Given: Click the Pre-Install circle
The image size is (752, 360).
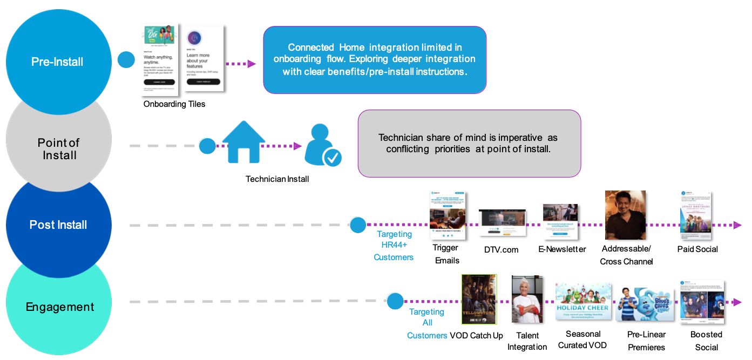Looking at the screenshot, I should click(x=57, y=61).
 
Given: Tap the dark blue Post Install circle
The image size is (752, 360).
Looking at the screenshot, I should click(x=58, y=225).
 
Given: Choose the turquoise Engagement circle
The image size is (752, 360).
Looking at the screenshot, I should click(x=59, y=307).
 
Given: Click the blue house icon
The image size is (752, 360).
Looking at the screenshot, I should click(x=244, y=142).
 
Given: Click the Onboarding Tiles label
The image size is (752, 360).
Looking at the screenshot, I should click(x=174, y=104).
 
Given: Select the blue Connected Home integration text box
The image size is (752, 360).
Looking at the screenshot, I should click(x=374, y=59).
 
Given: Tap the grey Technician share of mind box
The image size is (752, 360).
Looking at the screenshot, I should click(x=469, y=144).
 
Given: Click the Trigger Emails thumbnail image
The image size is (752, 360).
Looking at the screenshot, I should click(x=447, y=215).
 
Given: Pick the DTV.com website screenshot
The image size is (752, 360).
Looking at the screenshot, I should click(x=502, y=222).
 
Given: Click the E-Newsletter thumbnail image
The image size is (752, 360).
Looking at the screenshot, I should click(x=560, y=221).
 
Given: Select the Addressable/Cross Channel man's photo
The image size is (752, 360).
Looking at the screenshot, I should click(x=625, y=215).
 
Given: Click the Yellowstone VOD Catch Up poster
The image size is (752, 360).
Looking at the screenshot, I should click(x=479, y=300).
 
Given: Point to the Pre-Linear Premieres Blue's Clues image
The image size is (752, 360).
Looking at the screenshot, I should click(x=646, y=303).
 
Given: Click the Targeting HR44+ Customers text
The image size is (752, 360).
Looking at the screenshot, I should click(x=394, y=246).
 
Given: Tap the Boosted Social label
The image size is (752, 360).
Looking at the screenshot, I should click(x=706, y=341).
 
